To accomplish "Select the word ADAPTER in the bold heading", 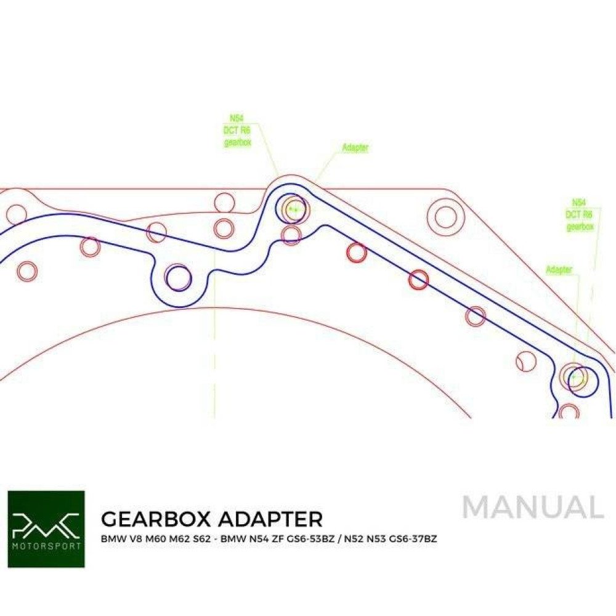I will (267, 519).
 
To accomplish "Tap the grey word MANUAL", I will (532, 508).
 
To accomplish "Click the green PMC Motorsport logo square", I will (46, 529).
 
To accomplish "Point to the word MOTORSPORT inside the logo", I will (46, 545).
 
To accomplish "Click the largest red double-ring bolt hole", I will (445, 216).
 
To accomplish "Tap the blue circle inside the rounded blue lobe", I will (179, 278).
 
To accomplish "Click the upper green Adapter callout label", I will (355, 148).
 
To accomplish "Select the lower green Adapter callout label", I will (558, 270).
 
